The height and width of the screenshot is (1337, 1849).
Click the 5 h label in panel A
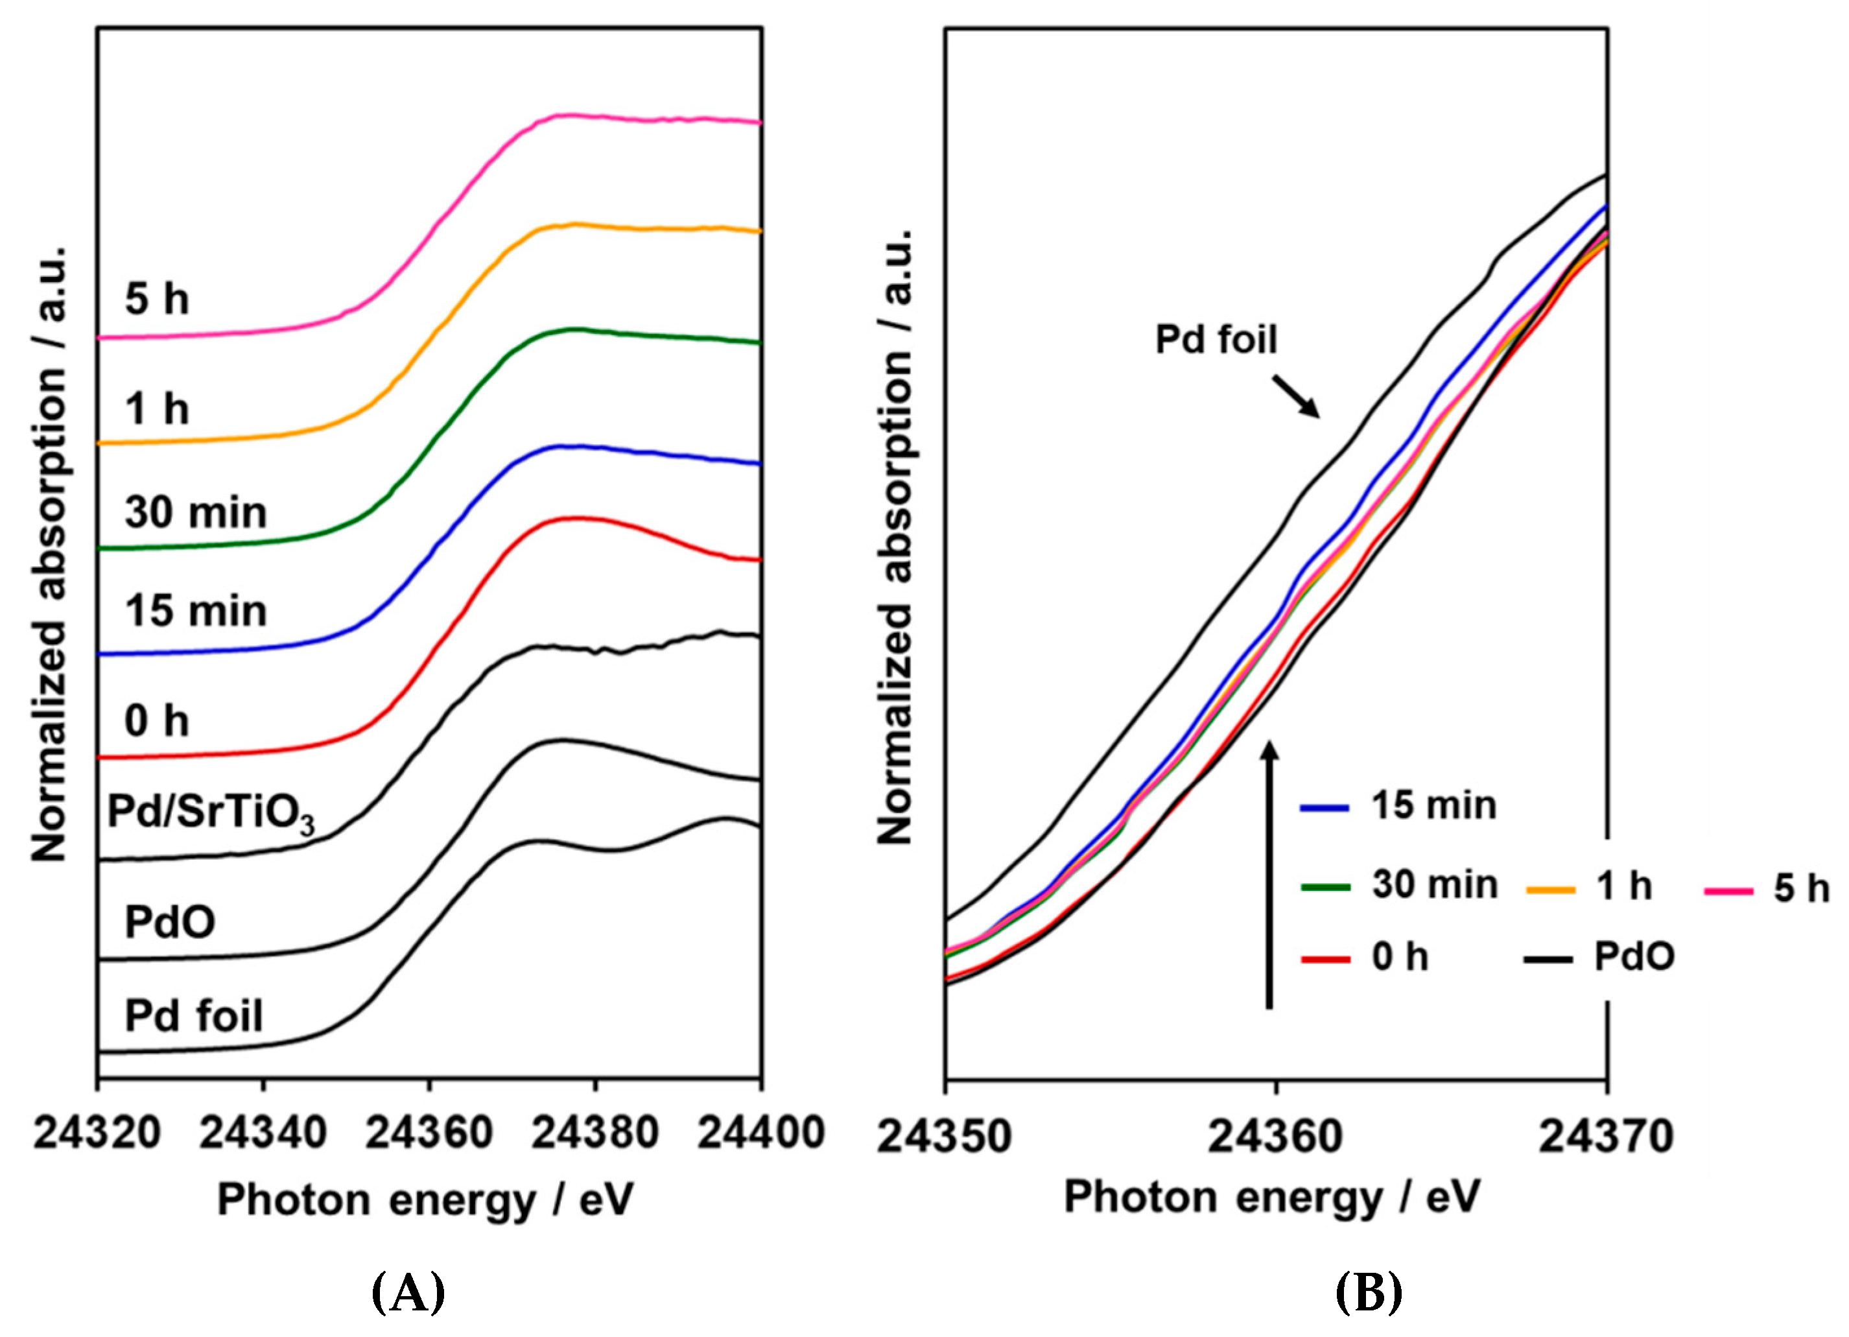click(156, 299)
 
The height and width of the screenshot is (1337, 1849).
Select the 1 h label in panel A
click(156, 408)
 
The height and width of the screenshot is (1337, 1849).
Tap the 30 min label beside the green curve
click(196, 513)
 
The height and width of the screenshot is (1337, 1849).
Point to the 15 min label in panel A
click(196, 611)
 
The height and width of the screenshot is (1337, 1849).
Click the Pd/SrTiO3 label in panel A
click(210, 814)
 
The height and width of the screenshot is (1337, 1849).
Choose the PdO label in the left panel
click(170, 923)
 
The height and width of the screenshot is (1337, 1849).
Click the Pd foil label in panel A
click(194, 1016)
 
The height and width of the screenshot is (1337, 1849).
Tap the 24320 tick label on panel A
click(97, 1132)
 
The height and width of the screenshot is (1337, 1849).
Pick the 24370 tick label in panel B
click(1606, 1135)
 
